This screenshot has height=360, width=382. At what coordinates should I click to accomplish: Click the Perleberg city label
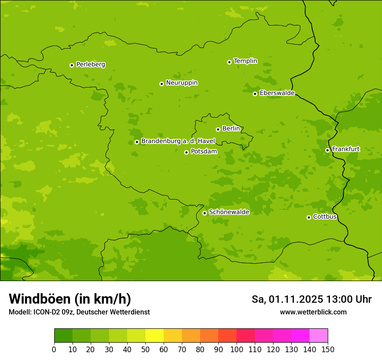click(90, 65)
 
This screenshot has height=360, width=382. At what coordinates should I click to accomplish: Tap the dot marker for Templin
click(229, 62)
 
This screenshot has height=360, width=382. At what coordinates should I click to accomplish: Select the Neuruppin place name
click(181, 83)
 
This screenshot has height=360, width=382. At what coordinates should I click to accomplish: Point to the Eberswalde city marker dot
click(255, 94)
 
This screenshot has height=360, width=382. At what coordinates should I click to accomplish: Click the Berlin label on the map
click(231, 129)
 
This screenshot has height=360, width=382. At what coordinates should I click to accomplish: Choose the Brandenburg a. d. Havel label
click(178, 141)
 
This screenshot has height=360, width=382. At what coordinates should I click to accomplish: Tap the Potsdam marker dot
click(186, 152)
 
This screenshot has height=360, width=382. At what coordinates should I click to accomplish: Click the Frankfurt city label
click(346, 149)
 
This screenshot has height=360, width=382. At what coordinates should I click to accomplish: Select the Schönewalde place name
click(229, 212)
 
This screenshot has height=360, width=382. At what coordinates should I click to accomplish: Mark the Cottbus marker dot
click(309, 217)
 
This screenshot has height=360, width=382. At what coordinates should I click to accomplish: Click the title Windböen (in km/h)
click(70, 299)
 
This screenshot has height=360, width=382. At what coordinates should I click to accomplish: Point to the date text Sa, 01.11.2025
click(287, 299)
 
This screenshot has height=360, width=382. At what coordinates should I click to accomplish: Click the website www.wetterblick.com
click(313, 312)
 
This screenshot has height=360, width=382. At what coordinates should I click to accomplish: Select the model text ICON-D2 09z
click(52, 312)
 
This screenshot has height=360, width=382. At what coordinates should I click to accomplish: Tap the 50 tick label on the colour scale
click(145, 349)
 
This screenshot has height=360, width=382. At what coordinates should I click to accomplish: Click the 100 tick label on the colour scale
click(237, 349)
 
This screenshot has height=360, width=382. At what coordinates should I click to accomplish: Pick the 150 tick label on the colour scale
click(328, 349)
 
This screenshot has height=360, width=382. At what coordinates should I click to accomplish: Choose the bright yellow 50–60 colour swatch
click(155, 336)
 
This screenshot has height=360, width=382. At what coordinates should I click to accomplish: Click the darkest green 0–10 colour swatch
click(63, 336)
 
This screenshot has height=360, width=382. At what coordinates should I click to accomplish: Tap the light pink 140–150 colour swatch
click(319, 336)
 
